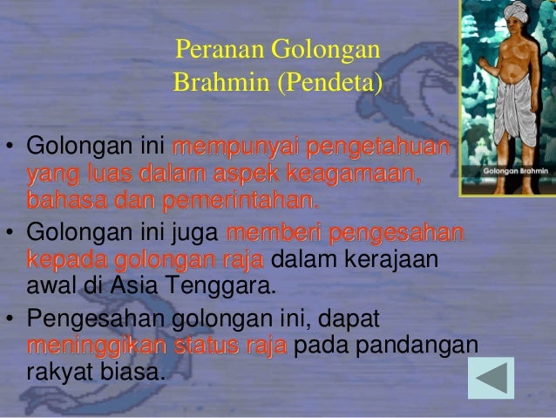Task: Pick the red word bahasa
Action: tap(58, 202)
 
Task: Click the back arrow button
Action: tap(491, 377)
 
